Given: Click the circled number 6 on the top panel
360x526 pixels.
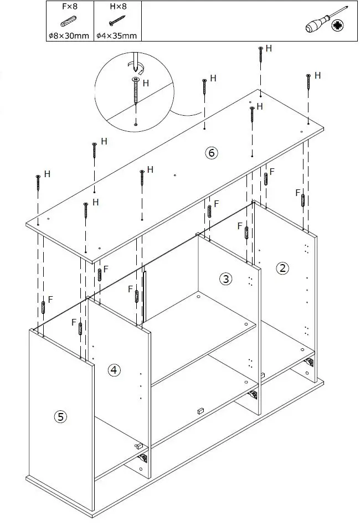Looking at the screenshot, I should coord(211,153).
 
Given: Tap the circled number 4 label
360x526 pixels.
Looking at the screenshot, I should coord(114,370).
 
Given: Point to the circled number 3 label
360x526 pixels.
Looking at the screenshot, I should coord(225,279).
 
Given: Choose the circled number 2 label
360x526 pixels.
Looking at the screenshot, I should coord(282,269).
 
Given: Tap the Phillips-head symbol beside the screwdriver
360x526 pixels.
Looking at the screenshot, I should coord(337,25).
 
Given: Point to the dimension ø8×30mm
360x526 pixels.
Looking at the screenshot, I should coord(69,36).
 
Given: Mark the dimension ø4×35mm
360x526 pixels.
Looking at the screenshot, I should coord(116,36).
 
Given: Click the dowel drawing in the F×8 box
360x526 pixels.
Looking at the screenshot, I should coord(69,22).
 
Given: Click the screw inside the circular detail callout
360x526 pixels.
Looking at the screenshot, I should coord(135,91).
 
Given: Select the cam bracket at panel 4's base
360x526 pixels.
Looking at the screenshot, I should coord(143,458).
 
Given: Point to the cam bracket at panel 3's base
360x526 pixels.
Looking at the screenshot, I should coord(253,395).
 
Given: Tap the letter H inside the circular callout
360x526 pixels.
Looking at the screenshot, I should coord(146,83).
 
